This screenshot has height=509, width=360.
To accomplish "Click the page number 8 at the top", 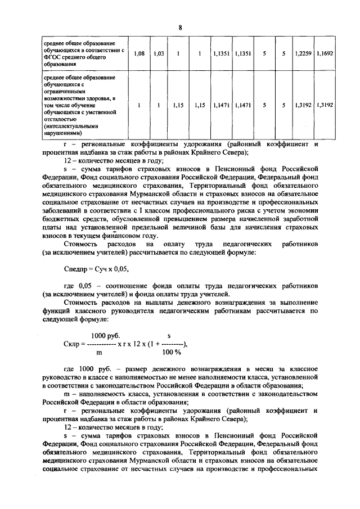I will coord(180,28).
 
